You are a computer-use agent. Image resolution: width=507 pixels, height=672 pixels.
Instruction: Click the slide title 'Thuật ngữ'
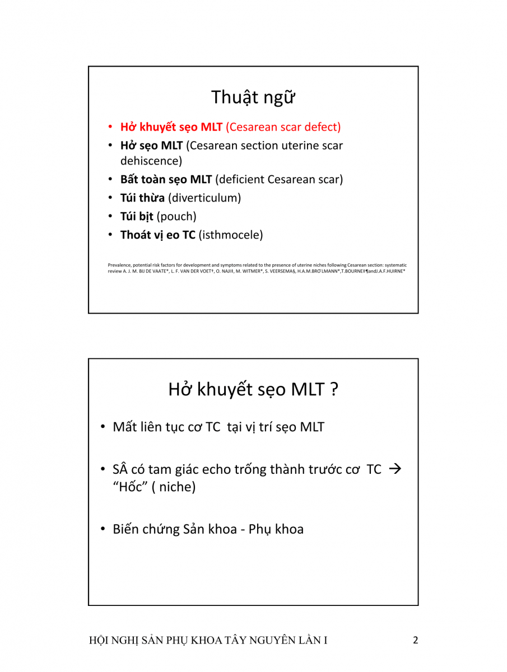(x=253, y=97)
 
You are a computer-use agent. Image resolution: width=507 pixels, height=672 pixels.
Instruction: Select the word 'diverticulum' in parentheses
(x=204, y=198)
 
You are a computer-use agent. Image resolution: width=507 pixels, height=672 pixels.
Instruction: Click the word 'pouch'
(x=176, y=216)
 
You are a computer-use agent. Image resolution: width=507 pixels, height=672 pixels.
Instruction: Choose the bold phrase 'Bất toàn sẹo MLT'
(x=166, y=180)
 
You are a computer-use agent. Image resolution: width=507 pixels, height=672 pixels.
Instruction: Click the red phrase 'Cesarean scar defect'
(x=283, y=127)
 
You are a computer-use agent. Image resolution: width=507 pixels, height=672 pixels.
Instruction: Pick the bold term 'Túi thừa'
(x=142, y=198)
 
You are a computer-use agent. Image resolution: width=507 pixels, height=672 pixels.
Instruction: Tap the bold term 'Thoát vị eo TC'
(x=158, y=235)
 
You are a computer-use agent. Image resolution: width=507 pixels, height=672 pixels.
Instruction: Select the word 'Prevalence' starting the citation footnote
(x=118, y=265)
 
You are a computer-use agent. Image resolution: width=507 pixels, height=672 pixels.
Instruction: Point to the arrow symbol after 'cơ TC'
(x=395, y=469)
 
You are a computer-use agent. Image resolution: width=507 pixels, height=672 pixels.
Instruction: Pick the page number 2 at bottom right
(x=415, y=640)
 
